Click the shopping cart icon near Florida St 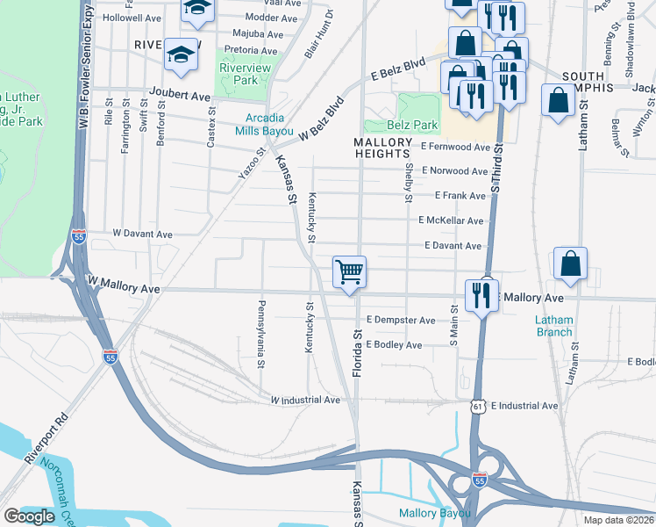[349, 272]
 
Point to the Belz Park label [417, 126]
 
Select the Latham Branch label [554, 326]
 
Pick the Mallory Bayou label [435, 513]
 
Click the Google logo [30, 516]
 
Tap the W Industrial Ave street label [305, 400]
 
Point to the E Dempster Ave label [401, 321]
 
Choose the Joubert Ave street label [180, 95]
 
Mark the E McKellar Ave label [451, 220]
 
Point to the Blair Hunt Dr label [319, 34]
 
